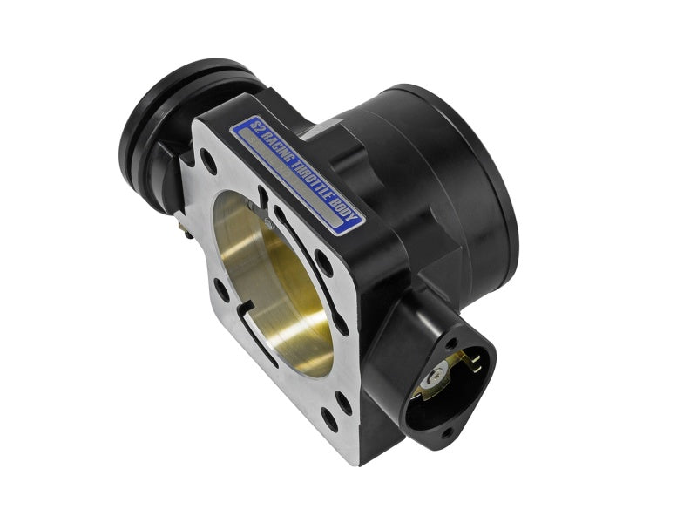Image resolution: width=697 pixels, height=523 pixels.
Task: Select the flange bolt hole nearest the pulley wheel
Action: tap(206, 160)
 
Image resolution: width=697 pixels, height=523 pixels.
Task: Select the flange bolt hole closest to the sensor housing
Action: tap(342, 404)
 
